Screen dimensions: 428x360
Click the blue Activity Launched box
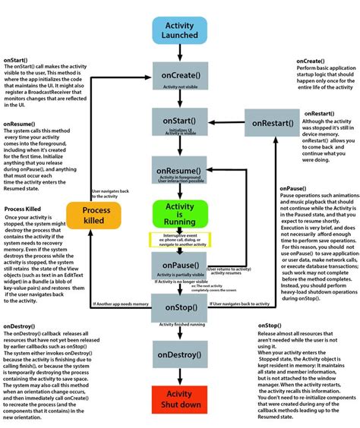point(180,31)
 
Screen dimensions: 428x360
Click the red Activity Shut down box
point(180,401)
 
